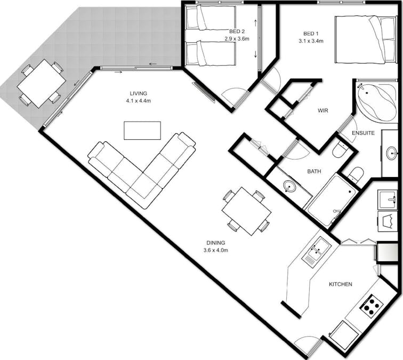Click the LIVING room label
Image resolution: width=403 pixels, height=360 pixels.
pos(139,93)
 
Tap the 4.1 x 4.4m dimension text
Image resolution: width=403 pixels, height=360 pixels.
pos(139,100)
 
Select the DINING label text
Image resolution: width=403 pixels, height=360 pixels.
pos(215,243)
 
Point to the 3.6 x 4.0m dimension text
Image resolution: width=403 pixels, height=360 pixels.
pos(215,250)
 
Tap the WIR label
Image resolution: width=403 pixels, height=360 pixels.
pos(323,111)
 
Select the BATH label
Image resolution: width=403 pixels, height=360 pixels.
pos(313,172)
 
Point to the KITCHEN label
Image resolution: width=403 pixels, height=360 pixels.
pos(340,284)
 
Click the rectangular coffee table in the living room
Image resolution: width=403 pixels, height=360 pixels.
pos(142,130)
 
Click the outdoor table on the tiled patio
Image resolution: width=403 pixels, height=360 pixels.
pos(41,83)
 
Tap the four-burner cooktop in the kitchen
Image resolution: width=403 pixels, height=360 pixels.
pos(372,306)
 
